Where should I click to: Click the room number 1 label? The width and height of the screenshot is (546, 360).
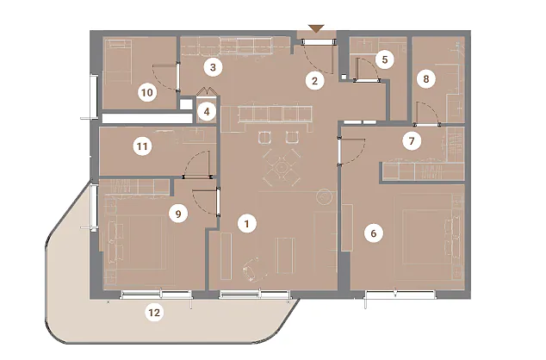point(247,224)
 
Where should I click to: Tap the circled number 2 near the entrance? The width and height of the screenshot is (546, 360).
point(315,81)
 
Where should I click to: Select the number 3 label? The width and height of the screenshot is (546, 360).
point(213,67)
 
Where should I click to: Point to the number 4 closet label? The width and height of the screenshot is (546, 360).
point(207,112)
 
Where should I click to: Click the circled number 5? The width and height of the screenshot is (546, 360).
point(385,59)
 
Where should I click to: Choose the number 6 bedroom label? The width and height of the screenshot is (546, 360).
point(374,233)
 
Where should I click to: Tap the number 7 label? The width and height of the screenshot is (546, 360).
point(412,141)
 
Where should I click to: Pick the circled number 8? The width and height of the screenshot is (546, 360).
point(426,79)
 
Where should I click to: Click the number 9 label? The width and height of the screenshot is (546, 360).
point(178,214)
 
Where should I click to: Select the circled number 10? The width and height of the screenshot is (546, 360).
point(147,93)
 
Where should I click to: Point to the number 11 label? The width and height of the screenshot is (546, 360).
point(142,146)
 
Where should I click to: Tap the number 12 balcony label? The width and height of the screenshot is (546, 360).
point(154,313)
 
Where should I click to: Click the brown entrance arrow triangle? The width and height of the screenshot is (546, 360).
point(316,29)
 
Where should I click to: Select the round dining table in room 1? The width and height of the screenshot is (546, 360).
point(280,167)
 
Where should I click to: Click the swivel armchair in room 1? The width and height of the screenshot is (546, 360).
point(251,270)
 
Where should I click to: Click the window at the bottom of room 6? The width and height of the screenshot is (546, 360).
point(400,295)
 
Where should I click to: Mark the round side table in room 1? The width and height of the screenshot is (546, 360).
point(325,196)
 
